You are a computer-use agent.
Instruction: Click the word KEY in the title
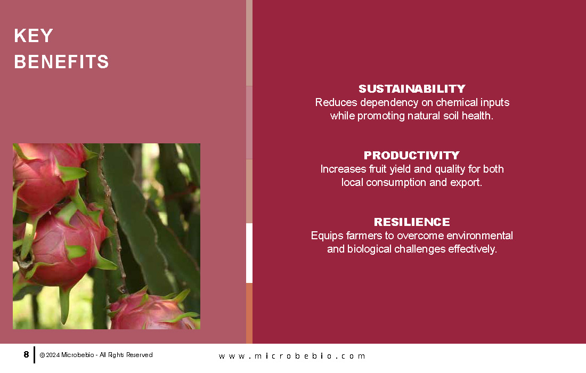pyautogui.click(x=34, y=36)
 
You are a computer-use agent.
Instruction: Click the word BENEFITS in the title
pyautogui.click(x=61, y=62)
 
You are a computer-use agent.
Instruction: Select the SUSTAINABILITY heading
pyautogui.click(x=412, y=88)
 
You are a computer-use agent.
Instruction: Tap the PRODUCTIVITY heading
pyautogui.click(x=412, y=155)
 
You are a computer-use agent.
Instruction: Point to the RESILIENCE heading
pyautogui.click(x=412, y=222)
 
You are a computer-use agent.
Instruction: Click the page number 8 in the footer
pyautogui.click(x=26, y=354)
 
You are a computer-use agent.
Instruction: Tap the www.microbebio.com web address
pyautogui.click(x=291, y=356)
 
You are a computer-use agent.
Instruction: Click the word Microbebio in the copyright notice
pyautogui.click(x=77, y=355)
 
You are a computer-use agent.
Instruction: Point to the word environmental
pyautogui.click(x=479, y=236)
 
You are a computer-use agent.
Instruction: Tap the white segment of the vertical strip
pyautogui.click(x=249, y=253)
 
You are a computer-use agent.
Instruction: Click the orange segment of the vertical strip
pyautogui.click(x=249, y=313)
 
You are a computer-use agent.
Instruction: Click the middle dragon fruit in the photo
pyautogui.click(x=63, y=245)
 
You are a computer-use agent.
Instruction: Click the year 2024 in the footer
pyautogui.click(x=53, y=355)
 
